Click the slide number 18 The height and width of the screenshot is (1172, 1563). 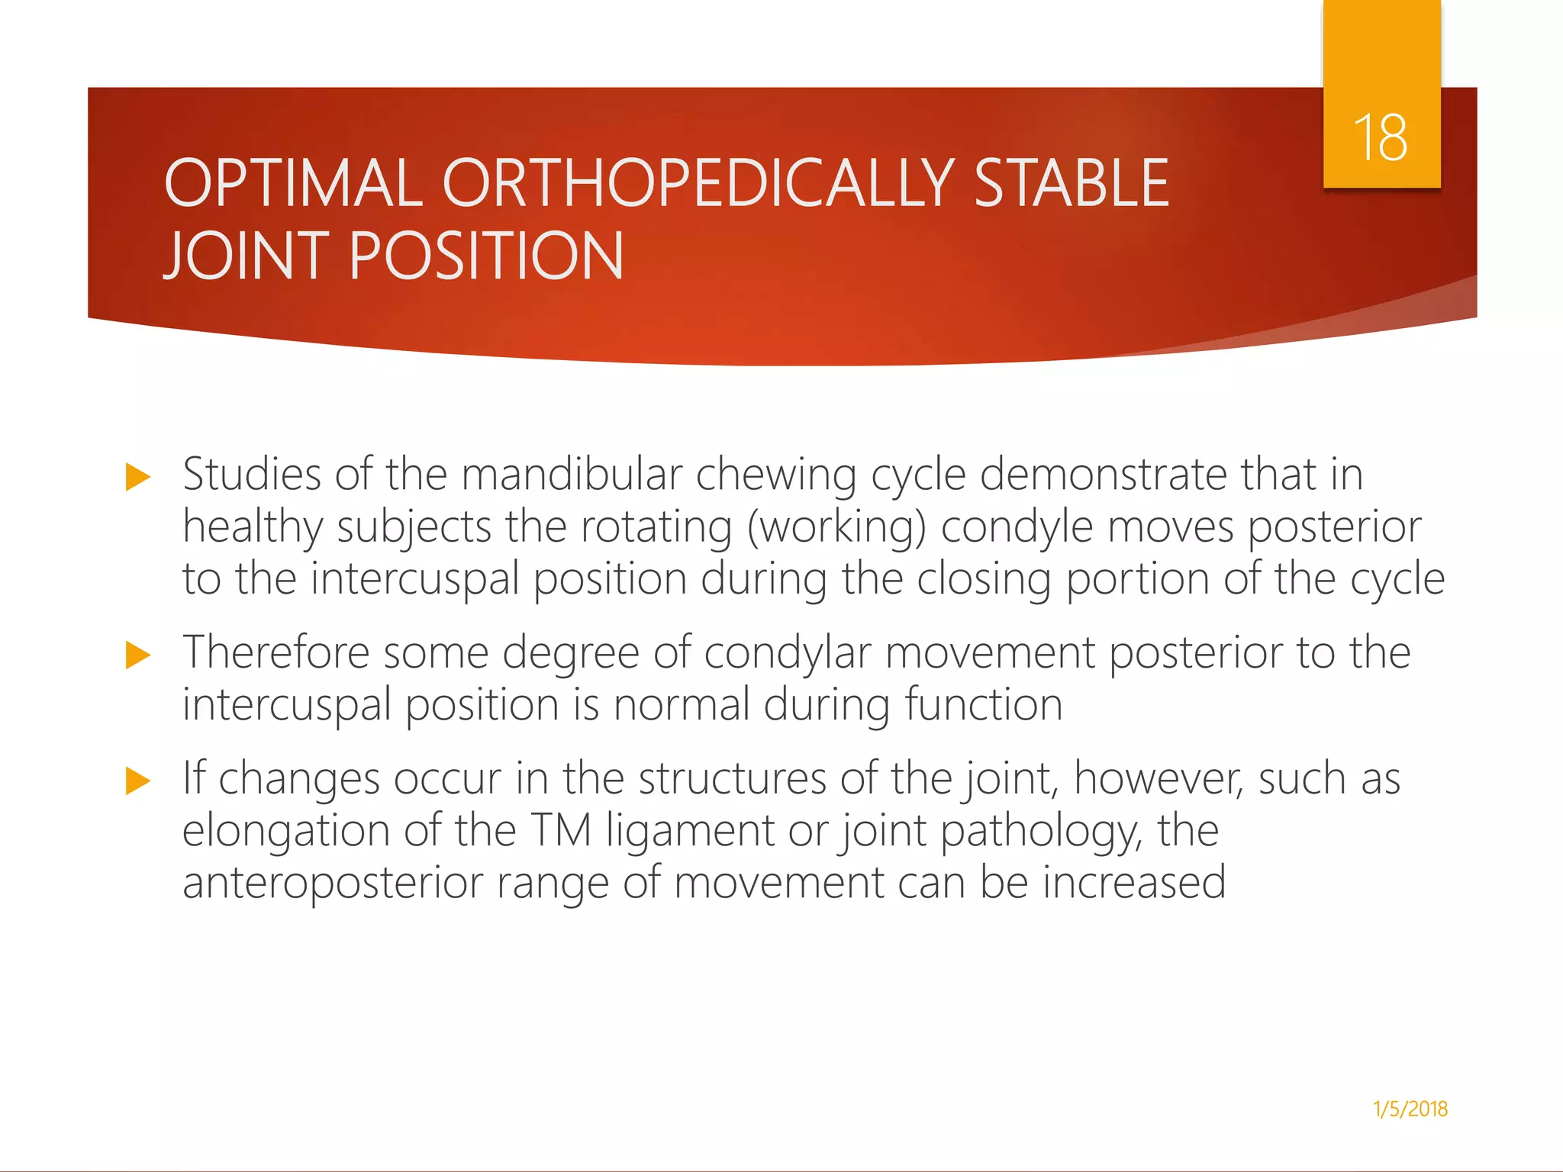coord(1381,138)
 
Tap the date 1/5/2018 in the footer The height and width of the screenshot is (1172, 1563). coord(1410,1109)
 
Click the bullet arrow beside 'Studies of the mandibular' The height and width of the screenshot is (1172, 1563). coord(138,477)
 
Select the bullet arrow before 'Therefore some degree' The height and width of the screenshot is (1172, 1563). coord(138,655)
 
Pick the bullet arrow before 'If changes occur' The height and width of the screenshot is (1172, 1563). coord(138,781)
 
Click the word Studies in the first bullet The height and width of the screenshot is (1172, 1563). coord(252,475)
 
